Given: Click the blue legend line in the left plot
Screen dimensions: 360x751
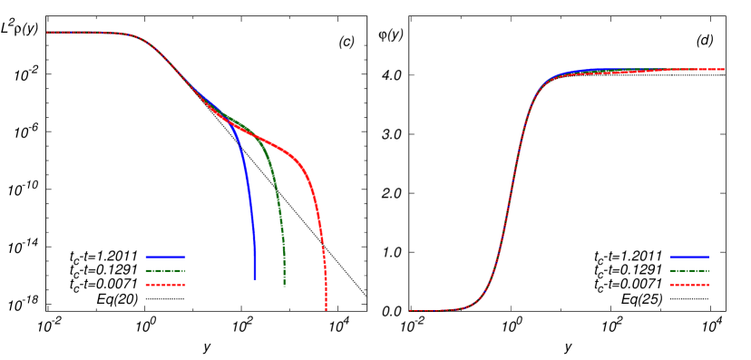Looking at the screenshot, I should (165, 257).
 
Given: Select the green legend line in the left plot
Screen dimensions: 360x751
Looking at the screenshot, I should (165, 270).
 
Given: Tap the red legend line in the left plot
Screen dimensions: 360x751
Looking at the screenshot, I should (165, 285).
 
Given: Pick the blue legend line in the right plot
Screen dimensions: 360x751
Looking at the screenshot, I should (689, 257).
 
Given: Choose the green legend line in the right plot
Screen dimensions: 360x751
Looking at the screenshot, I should (689, 270).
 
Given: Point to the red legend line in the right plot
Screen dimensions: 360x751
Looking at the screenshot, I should (689, 285).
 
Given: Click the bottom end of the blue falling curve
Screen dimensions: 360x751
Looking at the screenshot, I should (255, 278).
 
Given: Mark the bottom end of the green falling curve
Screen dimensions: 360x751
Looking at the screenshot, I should (285, 286).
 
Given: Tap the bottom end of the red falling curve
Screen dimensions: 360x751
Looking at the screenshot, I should (326, 309).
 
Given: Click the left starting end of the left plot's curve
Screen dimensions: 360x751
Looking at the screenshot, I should (48, 33).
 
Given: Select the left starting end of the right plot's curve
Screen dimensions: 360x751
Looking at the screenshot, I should (411, 310).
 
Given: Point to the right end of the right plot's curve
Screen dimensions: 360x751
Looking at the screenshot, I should (723, 69).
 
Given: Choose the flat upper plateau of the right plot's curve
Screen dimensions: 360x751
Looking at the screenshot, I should (653, 70).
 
